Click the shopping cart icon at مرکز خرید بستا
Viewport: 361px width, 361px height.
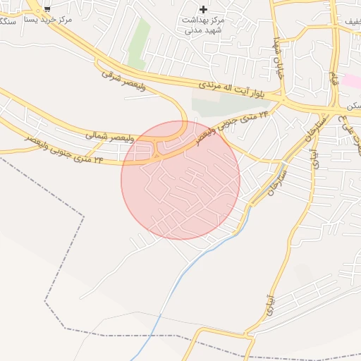pyautogui.click(x=47, y=8)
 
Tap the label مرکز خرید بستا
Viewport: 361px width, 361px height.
pyautogui.click(x=53, y=20)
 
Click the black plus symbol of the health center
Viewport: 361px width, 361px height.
pyautogui.click(x=204, y=9)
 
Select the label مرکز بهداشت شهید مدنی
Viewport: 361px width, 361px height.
pyautogui.click(x=204, y=26)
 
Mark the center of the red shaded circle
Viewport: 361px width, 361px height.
pyautogui.click(x=180, y=180)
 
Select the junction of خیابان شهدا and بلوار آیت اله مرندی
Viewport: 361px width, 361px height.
pyautogui.click(x=283, y=99)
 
